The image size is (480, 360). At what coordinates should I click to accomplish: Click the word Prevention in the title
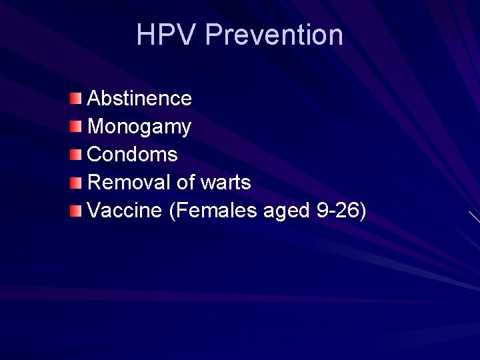coord(274,35)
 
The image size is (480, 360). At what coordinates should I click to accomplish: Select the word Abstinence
coord(139,99)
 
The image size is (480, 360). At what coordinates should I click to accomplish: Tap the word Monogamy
coord(139,127)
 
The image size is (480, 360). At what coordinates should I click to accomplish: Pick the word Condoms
coord(133,155)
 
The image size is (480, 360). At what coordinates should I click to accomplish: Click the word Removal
coord(129,182)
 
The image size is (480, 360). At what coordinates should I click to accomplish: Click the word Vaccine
coord(125,211)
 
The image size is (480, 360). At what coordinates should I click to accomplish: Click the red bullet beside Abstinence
coord(77,99)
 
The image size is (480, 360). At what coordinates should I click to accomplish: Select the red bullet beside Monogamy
coord(77,127)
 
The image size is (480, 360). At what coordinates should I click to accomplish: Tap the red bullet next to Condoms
coord(77,155)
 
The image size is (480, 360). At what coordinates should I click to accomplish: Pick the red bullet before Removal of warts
coord(77,183)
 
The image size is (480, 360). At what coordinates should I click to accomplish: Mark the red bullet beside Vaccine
coord(77,211)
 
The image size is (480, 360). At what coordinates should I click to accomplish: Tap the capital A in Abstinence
coord(94,99)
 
